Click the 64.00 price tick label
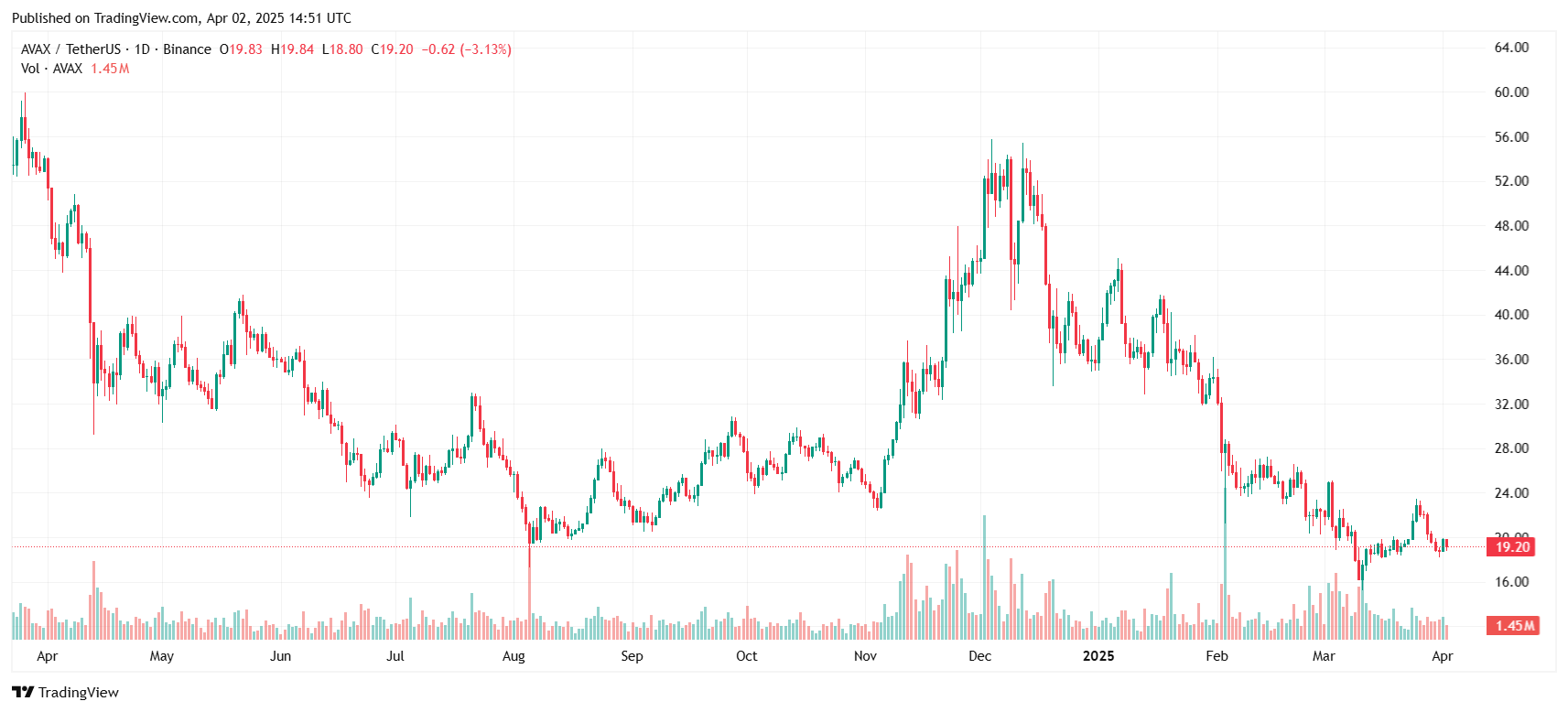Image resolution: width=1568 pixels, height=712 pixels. pos(1511,48)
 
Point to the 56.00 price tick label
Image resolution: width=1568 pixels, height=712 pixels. pos(1511,137)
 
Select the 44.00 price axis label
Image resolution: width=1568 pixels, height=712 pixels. pos(1511,271)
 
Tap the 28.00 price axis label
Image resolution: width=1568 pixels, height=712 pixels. pos(1511,448)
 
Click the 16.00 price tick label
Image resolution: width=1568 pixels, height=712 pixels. pos(1511,582)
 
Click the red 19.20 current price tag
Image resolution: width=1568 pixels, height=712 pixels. pos(1512,547)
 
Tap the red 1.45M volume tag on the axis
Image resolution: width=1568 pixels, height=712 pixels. pos(1514,626)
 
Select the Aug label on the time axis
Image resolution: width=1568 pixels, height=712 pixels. pos(514,656)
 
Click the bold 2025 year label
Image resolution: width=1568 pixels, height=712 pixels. pos(1098,656)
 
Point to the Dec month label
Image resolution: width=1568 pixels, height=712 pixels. pos(979,656)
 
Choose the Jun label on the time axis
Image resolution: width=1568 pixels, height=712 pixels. pos(280,656)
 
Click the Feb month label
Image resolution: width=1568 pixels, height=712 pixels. pos(1217,656)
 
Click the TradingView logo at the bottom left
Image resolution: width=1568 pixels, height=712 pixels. pos(66,692)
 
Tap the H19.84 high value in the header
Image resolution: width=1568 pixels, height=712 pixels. pos(292,49)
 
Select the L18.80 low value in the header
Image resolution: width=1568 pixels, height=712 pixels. pos(342,49)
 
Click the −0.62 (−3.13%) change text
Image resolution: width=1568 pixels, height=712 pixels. pos(466,49)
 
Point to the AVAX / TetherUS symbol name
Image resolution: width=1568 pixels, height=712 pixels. pos(70,49)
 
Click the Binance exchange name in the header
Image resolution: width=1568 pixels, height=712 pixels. pos(187,49)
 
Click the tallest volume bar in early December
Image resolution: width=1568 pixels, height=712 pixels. pos(985,577)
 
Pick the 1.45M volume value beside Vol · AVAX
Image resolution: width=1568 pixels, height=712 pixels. pos(110,69)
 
